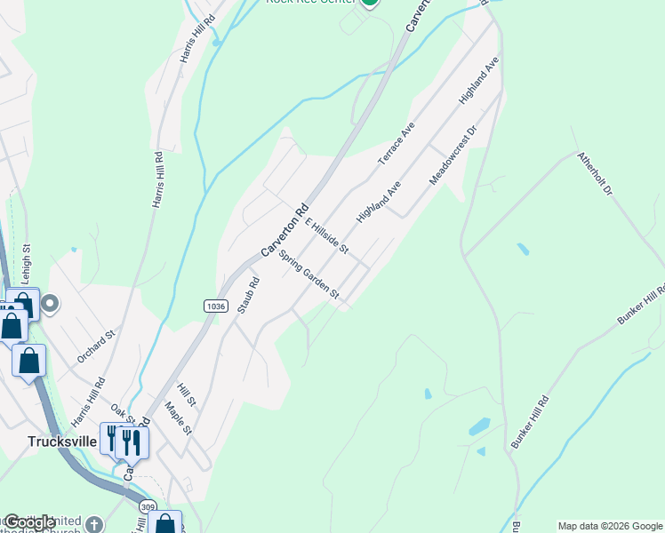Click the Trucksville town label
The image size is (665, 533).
point(61,441)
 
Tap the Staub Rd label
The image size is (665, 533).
point(252,294)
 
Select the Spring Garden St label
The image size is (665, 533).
point(308,274)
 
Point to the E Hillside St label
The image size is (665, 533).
point(326,235)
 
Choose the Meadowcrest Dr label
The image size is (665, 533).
point(453,155)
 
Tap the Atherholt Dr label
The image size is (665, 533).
point(595,173)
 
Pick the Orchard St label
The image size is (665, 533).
point(96,346)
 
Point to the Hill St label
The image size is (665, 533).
point(186,395)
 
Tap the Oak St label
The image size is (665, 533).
point(124,418)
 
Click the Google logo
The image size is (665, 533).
point(29,522)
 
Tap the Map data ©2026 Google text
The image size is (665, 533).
point(610,526)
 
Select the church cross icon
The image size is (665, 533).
point(94,524)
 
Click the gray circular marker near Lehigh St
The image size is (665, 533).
point(50,305)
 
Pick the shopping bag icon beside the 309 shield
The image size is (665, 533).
point(164,524)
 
